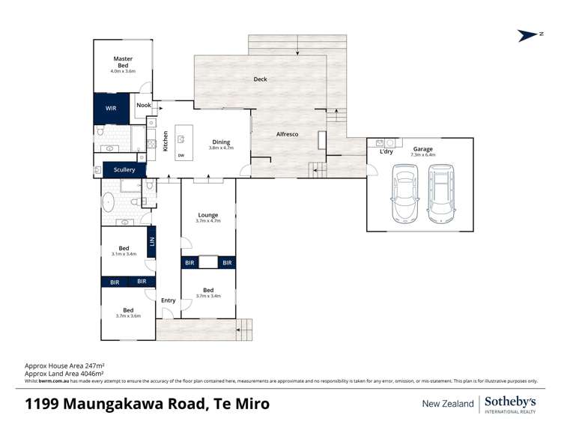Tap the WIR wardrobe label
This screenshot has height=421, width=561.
(111, 109)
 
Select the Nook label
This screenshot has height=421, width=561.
(143, 106)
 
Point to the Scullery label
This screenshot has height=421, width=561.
(124, 170)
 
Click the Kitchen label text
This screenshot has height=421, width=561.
(166, 141)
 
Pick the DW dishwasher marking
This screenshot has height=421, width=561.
(181, 156)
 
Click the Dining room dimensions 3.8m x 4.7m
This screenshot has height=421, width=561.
(221, 148)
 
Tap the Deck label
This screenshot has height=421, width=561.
(260, 79)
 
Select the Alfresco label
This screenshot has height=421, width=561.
(288, 133)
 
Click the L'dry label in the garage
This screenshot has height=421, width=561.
(386, 152)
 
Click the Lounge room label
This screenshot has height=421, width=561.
(208, 216)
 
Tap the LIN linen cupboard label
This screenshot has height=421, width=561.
(152, 241)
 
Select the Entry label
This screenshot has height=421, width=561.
(169, 300)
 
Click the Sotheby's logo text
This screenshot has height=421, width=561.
(512, 401)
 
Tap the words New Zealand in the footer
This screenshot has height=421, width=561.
(448, 404)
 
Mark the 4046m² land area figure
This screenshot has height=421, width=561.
(90, 372)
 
